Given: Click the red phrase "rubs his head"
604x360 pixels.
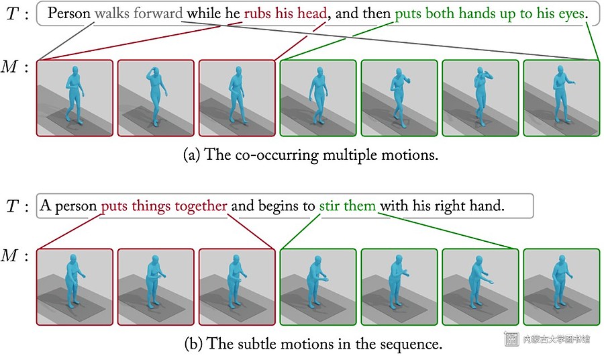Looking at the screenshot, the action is click(x=285, y=13).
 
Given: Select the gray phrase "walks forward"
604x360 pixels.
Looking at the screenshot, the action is click(x=139, y=13).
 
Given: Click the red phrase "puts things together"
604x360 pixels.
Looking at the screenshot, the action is click(x=164, y=206).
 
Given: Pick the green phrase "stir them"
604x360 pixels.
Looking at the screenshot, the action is click(x=348, y=206).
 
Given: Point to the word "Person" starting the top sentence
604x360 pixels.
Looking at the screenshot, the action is click(x=69, y=13).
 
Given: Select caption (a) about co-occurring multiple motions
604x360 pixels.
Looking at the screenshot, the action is click(x=311, y=155).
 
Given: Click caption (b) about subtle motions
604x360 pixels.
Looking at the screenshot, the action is click(x=313, y=344).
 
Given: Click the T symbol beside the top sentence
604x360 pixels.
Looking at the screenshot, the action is click(x=12, y=14).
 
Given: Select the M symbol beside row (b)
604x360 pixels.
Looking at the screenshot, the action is click(x=9, y=255).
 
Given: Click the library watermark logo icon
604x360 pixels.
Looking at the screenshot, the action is click(x=511, y=339).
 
